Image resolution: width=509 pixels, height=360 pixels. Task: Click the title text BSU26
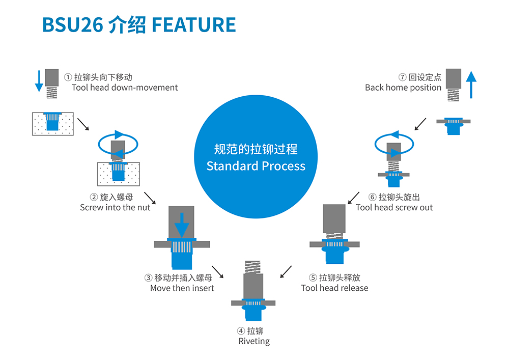(x=72, y=25)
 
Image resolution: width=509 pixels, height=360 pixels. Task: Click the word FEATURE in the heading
(x=194, y=25)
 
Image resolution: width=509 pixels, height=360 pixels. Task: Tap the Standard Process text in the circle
(x=256, y=166)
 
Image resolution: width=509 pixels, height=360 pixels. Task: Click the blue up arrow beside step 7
(x=471, y=85)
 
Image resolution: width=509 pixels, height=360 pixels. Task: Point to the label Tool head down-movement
(x=125, y=88)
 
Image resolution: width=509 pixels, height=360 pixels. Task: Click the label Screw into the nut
(x=115, y=207)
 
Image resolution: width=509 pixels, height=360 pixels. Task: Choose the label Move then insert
(x=182, y=288)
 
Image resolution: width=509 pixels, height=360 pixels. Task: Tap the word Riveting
(x=254, y=341)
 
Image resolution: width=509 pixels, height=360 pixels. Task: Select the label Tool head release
(x=334, y=288)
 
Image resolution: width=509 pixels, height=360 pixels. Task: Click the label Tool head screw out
(x=394, y=207)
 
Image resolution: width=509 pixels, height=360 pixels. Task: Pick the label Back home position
(x=403, y=88)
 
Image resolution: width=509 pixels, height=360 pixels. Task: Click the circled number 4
(x=241, y=331)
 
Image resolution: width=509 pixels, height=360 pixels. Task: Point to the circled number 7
(x=402, y=77)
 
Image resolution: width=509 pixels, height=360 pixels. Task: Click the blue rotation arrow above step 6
(x=393, y=143)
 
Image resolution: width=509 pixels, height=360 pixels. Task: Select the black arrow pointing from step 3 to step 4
(x=218, y=272)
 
